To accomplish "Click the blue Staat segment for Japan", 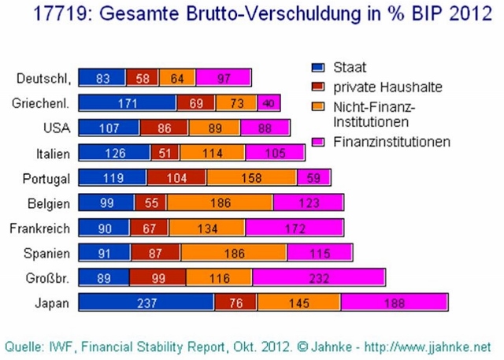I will point(146,302).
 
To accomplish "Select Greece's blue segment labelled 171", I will point(128,102).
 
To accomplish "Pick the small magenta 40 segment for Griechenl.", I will point(269,102).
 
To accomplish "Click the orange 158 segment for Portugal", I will point(251,178).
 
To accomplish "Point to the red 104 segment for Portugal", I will point(176,178).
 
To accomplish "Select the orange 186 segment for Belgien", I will point(220,203).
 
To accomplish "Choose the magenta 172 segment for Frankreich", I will point(295,228).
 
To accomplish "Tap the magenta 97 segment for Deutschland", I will point(224,77).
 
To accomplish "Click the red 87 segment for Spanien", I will point(156,253).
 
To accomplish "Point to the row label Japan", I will point(56,302).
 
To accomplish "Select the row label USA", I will point(60,128).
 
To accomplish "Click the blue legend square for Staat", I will point(318,69).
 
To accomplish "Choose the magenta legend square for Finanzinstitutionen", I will point(318,143).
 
